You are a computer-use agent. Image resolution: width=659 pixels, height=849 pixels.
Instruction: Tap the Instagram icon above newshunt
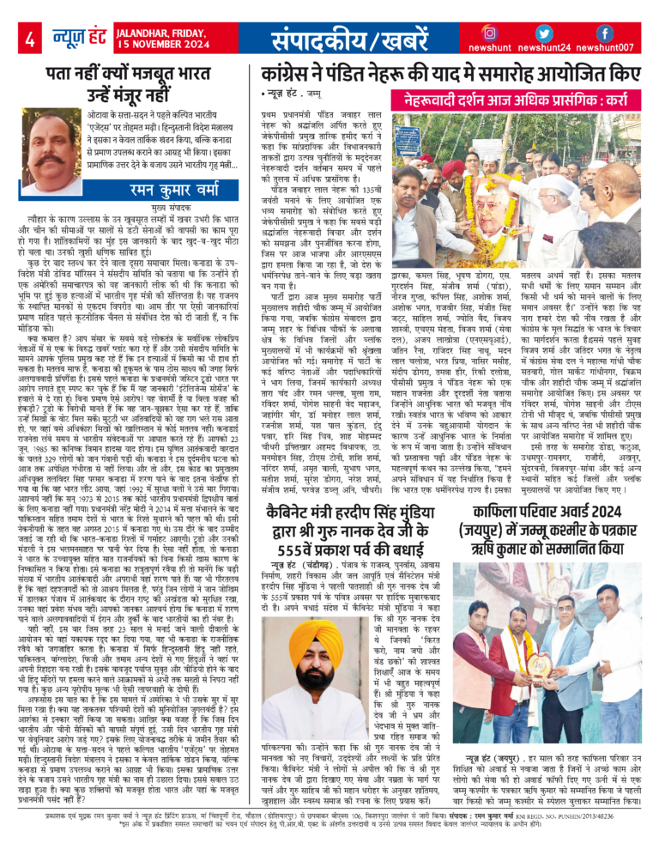click(x=490, y=33)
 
